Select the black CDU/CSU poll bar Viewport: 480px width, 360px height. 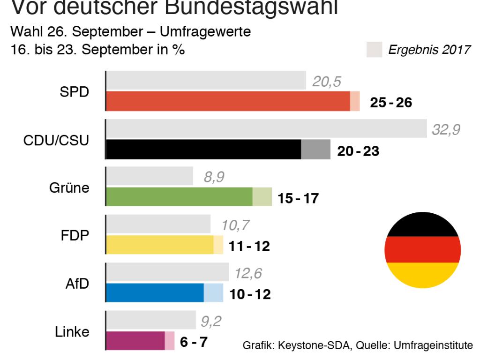click(204, 149)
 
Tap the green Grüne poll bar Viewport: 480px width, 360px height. click(180, 197)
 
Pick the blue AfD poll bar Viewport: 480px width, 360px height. click(155, 292)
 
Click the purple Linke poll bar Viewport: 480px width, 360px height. click(135, 340)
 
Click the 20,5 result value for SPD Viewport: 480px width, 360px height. click(327, 82)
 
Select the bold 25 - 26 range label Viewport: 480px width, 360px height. click(391, 103)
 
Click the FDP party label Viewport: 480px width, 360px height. click(75, 235)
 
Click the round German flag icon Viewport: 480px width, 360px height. click(423, 250)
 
